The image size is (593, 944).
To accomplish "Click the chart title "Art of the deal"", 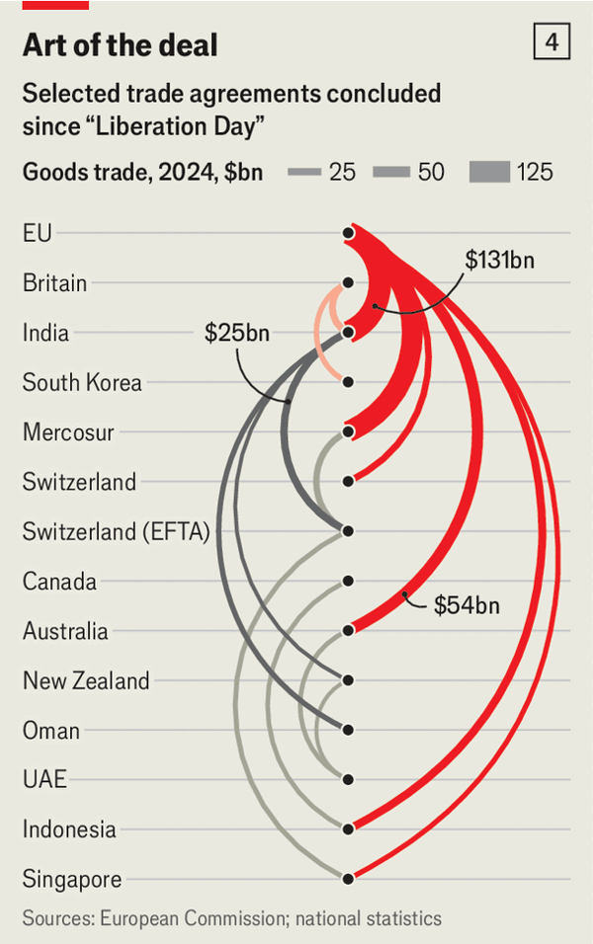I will (x=120, y=45).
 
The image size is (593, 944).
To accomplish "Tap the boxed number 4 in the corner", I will (x=551, y=42).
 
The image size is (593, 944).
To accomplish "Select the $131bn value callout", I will (x=499, y=260).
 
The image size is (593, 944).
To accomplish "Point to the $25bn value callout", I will (x=237, y=334).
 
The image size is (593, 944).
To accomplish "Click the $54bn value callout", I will (x=466, y=604).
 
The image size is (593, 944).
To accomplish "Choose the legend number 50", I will (x=431, y=172).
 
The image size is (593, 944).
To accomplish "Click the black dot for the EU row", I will (x=348, y=233).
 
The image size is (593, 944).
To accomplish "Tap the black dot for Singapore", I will (x=348, y=878).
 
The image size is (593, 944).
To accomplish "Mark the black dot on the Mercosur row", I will (x=348, y=432).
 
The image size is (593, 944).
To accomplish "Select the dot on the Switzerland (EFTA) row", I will (x=348, y=531).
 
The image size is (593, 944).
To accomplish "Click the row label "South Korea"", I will (x=82, y=382).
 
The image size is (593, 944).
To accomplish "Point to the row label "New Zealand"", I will (x=86, y=680).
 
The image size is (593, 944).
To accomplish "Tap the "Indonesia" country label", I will (x=69, y=829).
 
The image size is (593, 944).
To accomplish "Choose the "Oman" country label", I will (x=51, y=731).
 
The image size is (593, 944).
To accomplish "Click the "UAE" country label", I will (x=44, y=780).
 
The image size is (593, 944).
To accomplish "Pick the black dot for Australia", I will (x=348, y=630).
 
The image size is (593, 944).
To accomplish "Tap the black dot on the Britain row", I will (x=348, y=282).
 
